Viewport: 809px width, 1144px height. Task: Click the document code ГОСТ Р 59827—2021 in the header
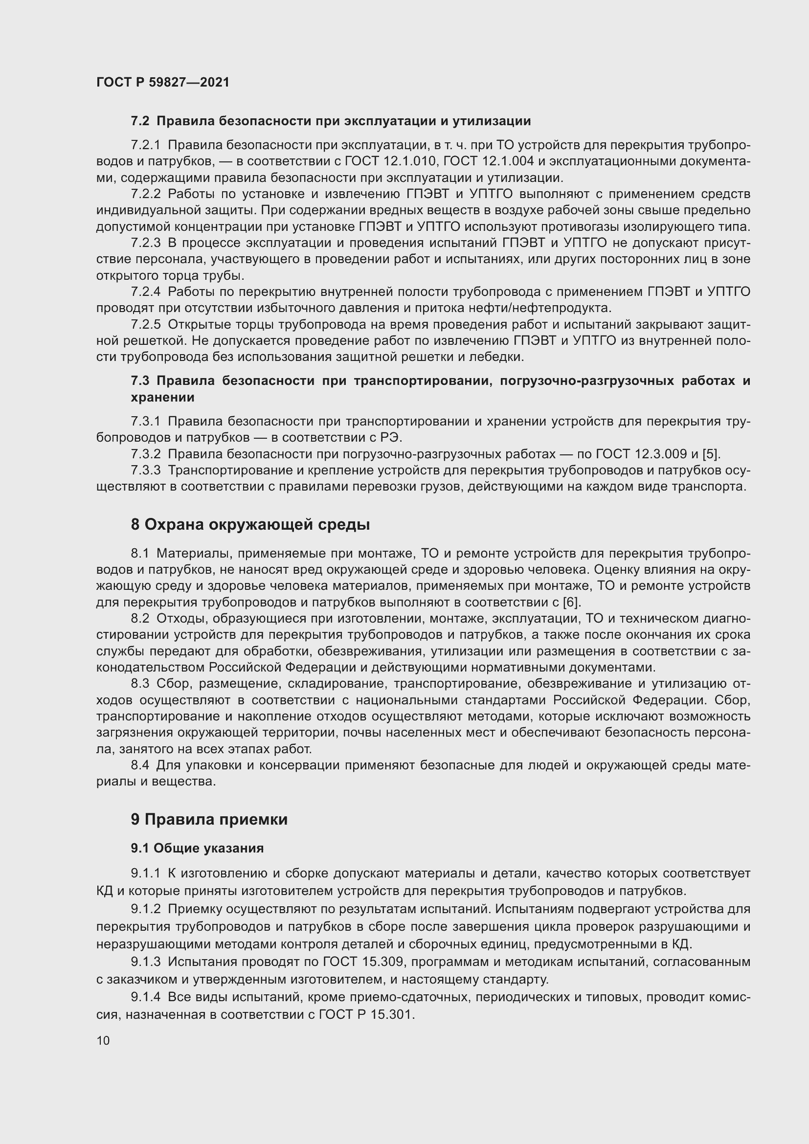[x=163, y=82]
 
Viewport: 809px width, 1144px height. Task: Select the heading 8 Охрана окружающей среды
[x=250, y=525]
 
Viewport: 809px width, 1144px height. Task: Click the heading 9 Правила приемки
[x=209, y=820]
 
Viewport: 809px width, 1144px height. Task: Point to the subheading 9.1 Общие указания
[x=197, y=848]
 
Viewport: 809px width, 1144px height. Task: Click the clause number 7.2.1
[x=145, y=145]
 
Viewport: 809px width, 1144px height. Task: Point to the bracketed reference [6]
[x=571, y=603]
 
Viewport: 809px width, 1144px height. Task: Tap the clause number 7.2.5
[x=145, y=325]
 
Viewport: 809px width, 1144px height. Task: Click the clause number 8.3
[x=140, y=684]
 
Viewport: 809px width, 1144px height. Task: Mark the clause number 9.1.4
[x=145, y=997]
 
